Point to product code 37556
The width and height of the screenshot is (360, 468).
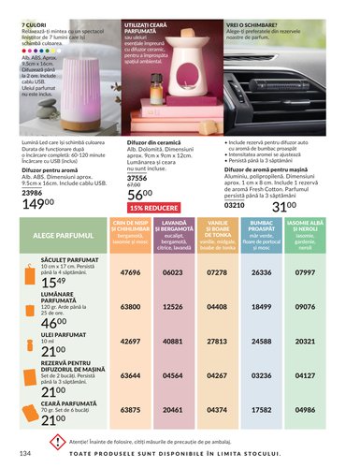pyautogui.click(x=137, y=176)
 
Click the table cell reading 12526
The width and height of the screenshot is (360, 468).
pyautogui.click(x=173, y=306)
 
